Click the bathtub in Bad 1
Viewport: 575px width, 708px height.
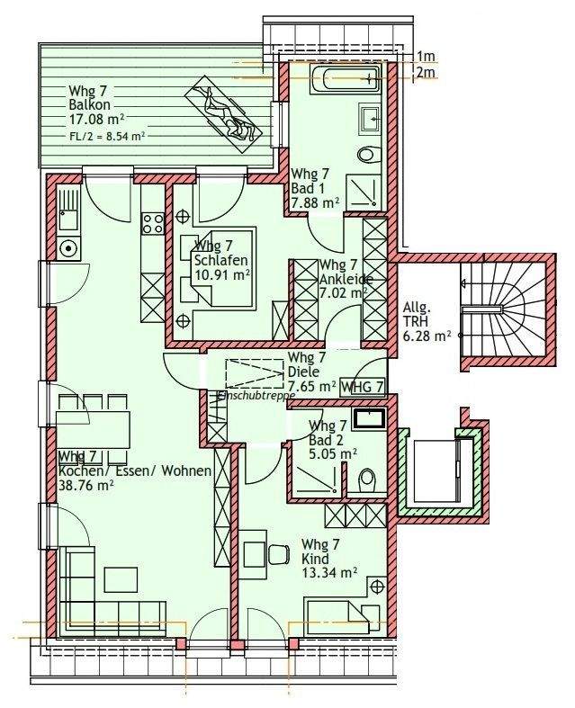[345, 79]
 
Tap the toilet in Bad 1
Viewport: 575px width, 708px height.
[368, 155]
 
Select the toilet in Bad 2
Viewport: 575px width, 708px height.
[366, 480]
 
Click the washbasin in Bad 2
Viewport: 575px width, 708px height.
[370, 417]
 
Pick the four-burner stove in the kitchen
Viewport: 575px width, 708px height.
[153, 223]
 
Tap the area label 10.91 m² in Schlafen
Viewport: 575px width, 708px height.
[222, 274]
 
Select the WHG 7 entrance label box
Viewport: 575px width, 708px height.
[363, 387]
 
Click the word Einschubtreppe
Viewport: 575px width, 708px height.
[256, 395]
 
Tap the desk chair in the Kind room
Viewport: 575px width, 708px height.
[280, 554]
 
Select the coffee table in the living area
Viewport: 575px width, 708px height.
[121, 579]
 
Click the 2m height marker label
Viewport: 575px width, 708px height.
[425, 72]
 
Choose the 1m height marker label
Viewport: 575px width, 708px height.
[425, 57]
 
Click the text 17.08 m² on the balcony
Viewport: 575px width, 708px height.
[96, 120]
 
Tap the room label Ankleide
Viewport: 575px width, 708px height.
[346, 279]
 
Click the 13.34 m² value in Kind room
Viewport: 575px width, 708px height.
[329, 572]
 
